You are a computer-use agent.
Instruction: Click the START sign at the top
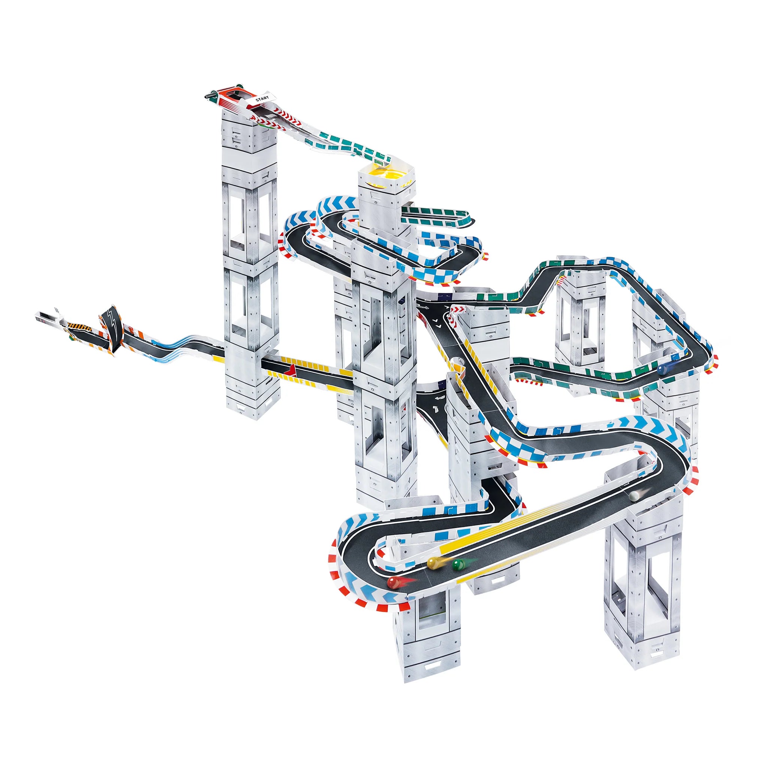click(262, 98)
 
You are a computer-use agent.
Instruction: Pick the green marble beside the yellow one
click(458, 564)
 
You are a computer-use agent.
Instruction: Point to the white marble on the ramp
click(634, 495)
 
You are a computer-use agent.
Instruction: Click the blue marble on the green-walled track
click(662, 370)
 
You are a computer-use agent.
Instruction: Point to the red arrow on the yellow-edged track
click(292, 370)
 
